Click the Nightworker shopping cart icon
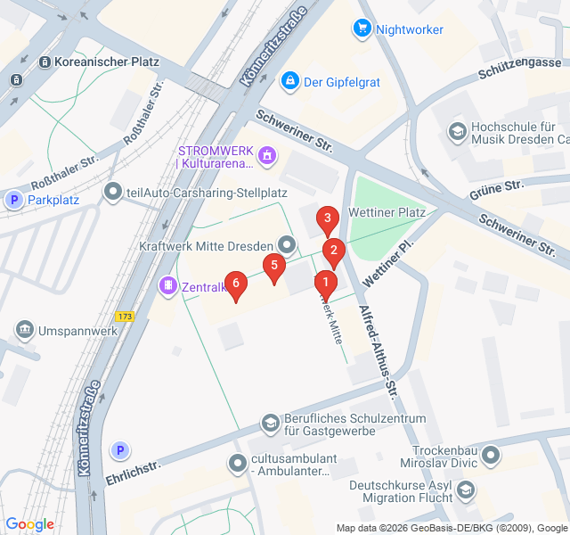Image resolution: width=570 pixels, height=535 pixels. click(362, 29)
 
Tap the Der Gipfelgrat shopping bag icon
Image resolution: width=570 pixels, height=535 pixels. click(289, 81)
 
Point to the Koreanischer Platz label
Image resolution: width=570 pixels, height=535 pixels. click(106, 62)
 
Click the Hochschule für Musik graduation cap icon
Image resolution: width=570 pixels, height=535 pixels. click(457, 131)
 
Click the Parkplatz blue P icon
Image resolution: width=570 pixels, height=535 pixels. click(13, 200)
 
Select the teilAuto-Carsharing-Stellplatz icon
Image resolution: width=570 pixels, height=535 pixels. click(112, 191)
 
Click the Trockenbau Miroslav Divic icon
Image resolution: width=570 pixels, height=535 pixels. click(490, 458)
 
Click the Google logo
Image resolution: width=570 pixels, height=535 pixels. click(29, 524)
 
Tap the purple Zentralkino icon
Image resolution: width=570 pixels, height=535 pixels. click(167, 285)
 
